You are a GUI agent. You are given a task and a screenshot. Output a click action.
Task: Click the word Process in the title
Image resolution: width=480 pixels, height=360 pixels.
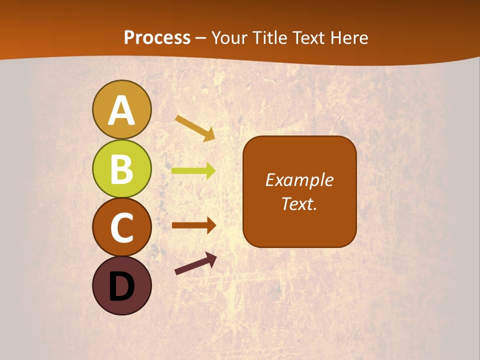(x=157, y=37)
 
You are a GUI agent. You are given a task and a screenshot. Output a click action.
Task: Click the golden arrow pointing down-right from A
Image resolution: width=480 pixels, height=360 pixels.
(x=195, y=128)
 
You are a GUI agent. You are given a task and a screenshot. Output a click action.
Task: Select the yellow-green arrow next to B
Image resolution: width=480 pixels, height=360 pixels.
(x=193, y=171)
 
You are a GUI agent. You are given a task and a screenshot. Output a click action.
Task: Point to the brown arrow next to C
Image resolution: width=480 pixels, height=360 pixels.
(x=193, y=225)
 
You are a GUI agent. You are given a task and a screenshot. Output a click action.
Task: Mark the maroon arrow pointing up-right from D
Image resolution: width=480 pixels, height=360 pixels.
(x=195, y=264)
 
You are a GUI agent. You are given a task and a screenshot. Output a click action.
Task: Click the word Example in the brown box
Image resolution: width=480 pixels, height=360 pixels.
(x=299, y=180)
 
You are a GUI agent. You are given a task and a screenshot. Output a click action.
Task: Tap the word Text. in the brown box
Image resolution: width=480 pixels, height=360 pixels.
(x=299, y=204)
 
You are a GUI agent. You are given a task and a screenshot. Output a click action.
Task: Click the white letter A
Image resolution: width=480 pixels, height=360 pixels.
(x=121, y=111)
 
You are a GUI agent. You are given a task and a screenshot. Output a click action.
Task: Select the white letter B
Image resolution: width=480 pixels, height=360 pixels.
(x=121, y=169)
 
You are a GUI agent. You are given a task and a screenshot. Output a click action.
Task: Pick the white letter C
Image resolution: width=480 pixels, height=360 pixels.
(x=121, y=228)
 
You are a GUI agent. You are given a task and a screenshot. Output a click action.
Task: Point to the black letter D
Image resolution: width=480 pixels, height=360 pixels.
(x=121, y=286)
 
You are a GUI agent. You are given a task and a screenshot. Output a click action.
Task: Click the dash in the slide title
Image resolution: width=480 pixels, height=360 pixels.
(x=201, y=38)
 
